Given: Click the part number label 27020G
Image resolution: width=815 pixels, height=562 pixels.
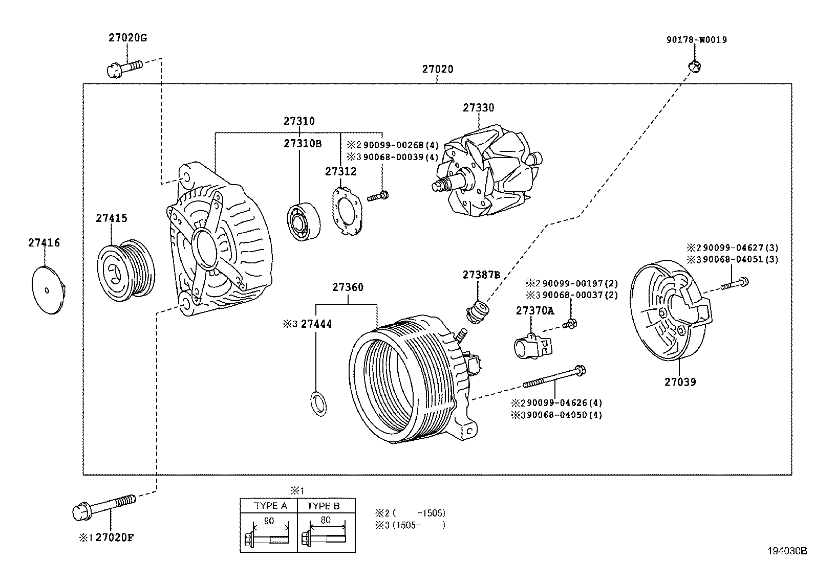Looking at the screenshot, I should tap(127, 38).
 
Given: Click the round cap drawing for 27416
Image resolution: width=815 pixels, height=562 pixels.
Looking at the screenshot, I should tap(48, 290).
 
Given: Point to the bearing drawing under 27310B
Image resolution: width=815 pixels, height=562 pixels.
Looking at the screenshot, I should tap(303, 222).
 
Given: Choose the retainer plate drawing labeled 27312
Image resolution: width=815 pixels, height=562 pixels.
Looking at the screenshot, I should tap(347, 210).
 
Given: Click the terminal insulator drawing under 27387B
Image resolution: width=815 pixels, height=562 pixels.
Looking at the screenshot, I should tap(479, 311).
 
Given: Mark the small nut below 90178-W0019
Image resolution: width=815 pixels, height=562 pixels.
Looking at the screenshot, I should tap(694, 65).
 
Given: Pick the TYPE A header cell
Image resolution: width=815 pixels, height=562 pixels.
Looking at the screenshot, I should tap(270, 506).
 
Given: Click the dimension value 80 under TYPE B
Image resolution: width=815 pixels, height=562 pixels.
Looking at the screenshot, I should tap(325, 520).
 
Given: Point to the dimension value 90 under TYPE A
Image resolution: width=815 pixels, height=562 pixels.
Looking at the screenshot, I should tap(268, 521).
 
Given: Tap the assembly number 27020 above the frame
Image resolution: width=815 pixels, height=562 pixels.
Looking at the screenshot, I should tap(438, 69).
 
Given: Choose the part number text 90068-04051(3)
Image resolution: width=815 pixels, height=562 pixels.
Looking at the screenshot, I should tap(740, 259).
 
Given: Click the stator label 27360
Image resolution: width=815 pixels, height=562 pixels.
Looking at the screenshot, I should tap(348, 287).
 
